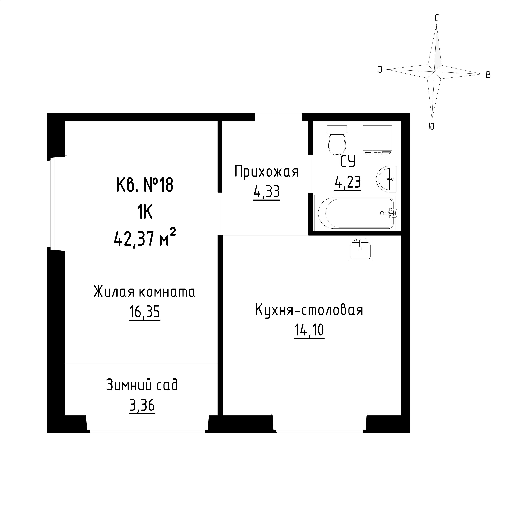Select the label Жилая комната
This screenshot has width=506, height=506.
tap(145, 292)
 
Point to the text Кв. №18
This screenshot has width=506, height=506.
tap(145, 185)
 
